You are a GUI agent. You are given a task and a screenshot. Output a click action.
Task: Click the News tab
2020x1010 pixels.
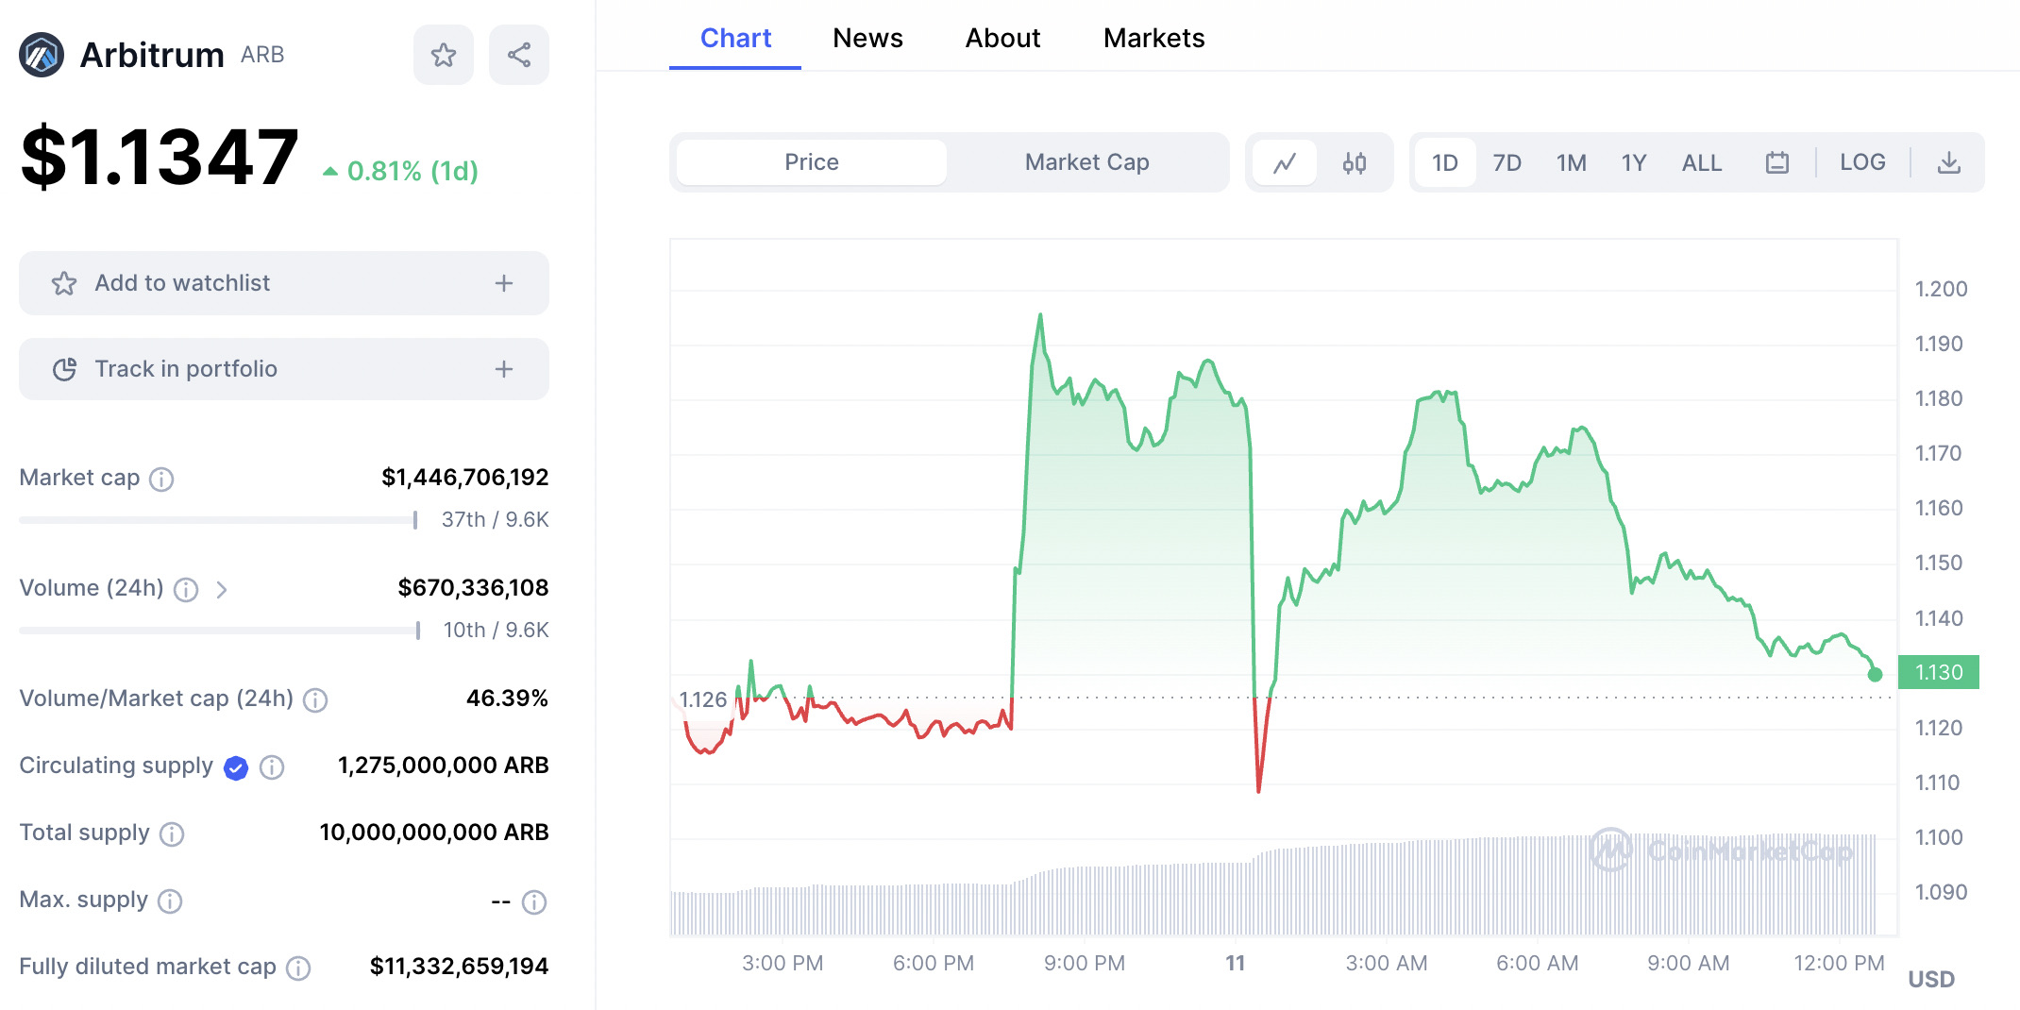[x=867, y=39]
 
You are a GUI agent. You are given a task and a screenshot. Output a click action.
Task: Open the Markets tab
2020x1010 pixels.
[x=1153, y=39]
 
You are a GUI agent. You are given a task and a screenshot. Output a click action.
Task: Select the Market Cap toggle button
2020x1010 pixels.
[x=1086, y=162]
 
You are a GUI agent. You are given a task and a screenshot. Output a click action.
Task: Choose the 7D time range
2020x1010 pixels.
[x=1507, y=163]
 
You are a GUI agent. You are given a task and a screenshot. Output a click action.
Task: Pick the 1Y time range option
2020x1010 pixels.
[x=1634, y=163]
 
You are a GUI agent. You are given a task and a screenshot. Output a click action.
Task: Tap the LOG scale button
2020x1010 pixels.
[x=1862, y=162]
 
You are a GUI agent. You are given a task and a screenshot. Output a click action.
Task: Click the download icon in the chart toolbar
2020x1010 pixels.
[x=1949, y=163]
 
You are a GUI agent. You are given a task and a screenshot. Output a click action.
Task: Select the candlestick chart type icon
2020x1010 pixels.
[x=1355, y=163]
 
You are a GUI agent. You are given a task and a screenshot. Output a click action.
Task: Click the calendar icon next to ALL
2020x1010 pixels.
[x=1777, y=163]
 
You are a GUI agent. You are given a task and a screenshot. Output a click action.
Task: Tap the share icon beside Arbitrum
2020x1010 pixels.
[x=519, y=55]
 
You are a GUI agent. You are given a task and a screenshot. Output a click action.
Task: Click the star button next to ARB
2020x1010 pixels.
[x=444, y=55]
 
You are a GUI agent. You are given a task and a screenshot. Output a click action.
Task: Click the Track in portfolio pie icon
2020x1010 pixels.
[x=64, y=369]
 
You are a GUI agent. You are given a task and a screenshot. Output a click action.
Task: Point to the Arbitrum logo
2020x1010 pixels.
[x=42, y=55]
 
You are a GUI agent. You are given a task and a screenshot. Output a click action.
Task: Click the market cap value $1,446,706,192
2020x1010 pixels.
[x=464, y=478]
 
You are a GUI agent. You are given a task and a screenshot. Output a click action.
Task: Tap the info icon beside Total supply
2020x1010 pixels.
[x=172, y=833]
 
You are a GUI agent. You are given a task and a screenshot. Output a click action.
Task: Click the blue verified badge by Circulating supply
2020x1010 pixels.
[x=236, y=768]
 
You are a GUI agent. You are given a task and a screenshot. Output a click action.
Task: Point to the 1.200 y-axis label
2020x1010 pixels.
[x=1941, y=289]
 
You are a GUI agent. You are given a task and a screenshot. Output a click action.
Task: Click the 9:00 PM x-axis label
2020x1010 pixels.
[x=1085, y=963]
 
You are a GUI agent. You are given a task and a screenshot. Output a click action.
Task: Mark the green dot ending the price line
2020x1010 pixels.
[x=1875, y=674]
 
